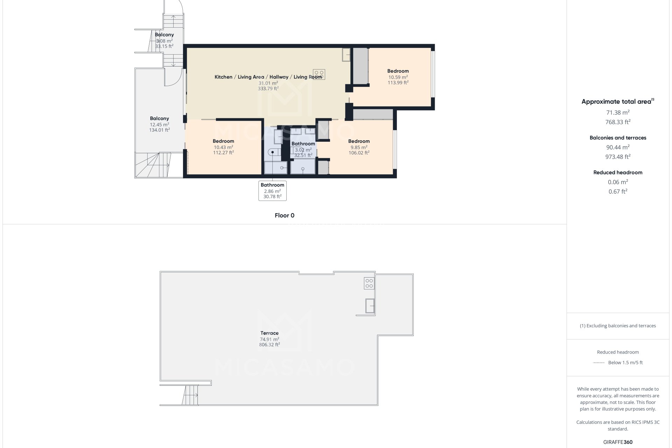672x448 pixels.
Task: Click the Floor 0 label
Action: (x=284, y=216)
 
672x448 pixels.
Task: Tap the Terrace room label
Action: (x=269, y=333)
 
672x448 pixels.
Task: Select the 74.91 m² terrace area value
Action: (x=269, y=339)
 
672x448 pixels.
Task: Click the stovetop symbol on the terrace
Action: (x=369, y=283)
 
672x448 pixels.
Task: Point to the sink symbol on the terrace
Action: (x=370, y=306)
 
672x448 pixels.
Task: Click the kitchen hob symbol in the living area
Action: (x=319, y=75)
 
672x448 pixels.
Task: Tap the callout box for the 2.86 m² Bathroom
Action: (x=272, y=191)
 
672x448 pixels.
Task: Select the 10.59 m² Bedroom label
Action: (x=398, y=71)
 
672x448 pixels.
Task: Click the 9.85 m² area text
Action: (x=359, y=147)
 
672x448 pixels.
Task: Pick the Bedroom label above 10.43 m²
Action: (x=223, y=141)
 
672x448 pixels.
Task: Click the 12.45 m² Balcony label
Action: (x=159, y=119)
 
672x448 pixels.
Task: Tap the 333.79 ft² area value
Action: (x=268, y=89)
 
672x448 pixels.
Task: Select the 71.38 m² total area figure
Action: (x=618, y=113)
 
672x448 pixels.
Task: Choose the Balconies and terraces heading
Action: (x=618, y=138)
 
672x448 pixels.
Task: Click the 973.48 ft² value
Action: (x=618, y=157)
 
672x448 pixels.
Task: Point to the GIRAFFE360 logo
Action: (x=618, y=442)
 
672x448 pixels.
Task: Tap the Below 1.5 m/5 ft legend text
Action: (x=625, y=363)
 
